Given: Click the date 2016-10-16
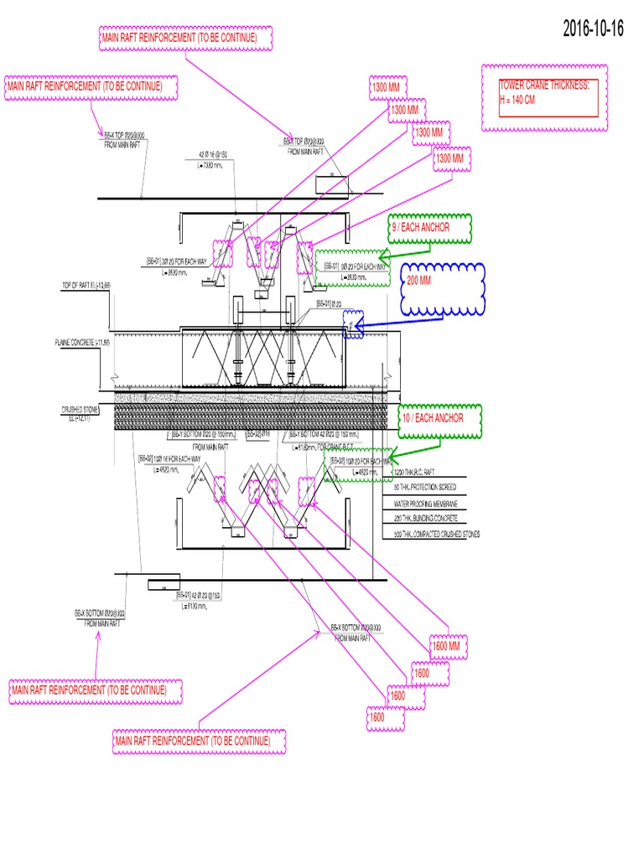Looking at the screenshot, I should [x=594, y=28].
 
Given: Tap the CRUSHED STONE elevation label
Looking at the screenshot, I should [x=80, y=414].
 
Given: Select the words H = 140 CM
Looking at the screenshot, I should [x=517, y=100].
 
